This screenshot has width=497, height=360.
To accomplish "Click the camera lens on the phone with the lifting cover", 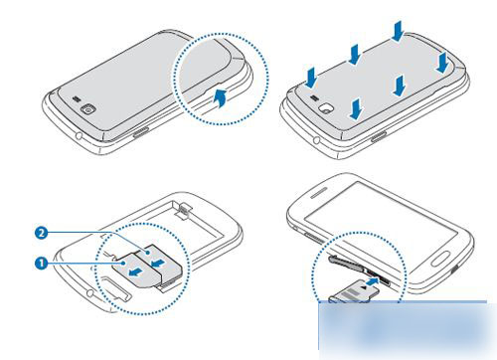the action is [x=88, y=109].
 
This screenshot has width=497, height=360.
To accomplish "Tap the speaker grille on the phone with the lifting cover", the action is [x=77, y=98].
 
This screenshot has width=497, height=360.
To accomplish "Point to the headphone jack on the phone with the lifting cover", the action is [x=80, y=135].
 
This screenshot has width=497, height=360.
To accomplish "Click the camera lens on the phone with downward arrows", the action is [x=326, y=108].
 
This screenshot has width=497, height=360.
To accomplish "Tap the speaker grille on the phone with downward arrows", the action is [x=315, y=97].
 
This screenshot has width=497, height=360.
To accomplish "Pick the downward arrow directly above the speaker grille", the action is [x=311, y=78].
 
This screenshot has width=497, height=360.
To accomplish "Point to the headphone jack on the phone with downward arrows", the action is [x=317, y=140].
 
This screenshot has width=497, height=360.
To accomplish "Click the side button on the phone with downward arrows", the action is [x=379, y=136].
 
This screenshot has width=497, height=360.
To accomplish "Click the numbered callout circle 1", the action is [x=41, y=264].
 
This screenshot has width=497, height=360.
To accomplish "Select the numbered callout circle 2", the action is [x=41, y=233].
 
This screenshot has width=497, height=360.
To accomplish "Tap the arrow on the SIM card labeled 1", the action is [x=136, y=272].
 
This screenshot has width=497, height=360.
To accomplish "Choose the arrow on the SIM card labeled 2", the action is [x=158, y=263].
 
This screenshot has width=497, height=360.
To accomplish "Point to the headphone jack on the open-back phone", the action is [x=89, y=292].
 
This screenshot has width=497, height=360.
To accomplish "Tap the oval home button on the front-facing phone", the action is [x=440, y=258].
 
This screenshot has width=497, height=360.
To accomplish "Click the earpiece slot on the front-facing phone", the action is [x=319, y=192].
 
